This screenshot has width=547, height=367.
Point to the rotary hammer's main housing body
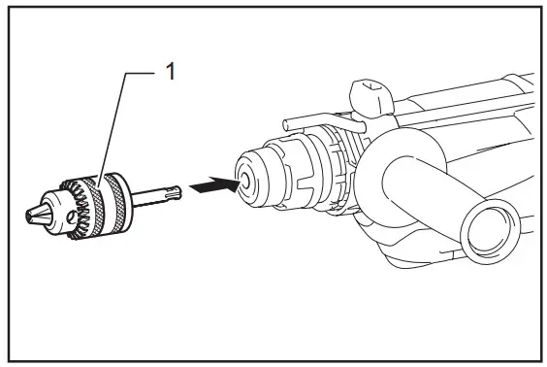(x=466, y=117)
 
